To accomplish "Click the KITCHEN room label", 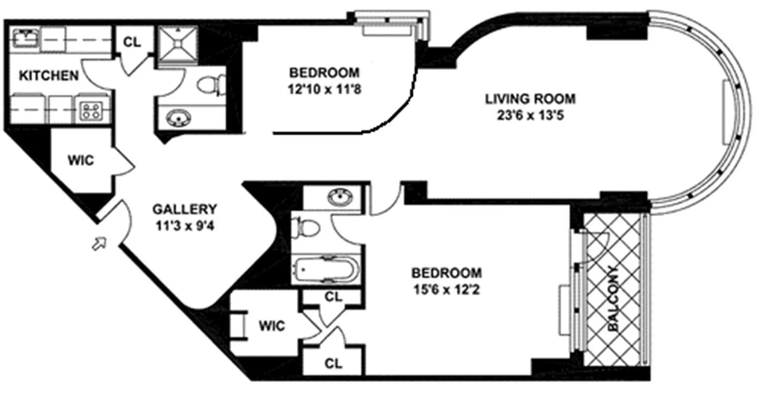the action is pyautogui.click(x=48, y=75).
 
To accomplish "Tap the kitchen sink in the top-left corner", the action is pyautogui.click(x=25, y=37).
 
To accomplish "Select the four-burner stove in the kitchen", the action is pyautogui.click(x=91, y=110).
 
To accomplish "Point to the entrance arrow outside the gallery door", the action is pyautogui.click(x=99, y=243).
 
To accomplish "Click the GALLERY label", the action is pyautogui.click(x=185, y=209).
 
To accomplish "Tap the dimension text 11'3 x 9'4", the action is pyautogui.click(x=185, y=226).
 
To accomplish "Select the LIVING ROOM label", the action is pyautogui.click(x=530, y=99).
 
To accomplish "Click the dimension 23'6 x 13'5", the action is pyautogui.click(x=530, y=115).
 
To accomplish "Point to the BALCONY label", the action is pyautogui.click(x=614, y=298).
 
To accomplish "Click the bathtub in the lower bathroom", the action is pyautogui.click(x=326, y=270).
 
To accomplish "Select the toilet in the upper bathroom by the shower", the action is pyautogui.click(x=211, y=84).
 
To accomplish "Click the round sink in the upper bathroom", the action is pyautogui.click(x=178, y=117).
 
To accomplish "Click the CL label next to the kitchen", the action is pyautogui.click(x=132, y=42).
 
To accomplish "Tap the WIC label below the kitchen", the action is pyautogui.click(x=81, y=160).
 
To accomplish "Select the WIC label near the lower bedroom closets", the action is pyautogui.click(x=272, y=325).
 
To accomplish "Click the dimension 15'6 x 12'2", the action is pyautogui.click(x=446, y=290).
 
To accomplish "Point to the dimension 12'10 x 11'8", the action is pyautogui.click(x=324, y=89).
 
